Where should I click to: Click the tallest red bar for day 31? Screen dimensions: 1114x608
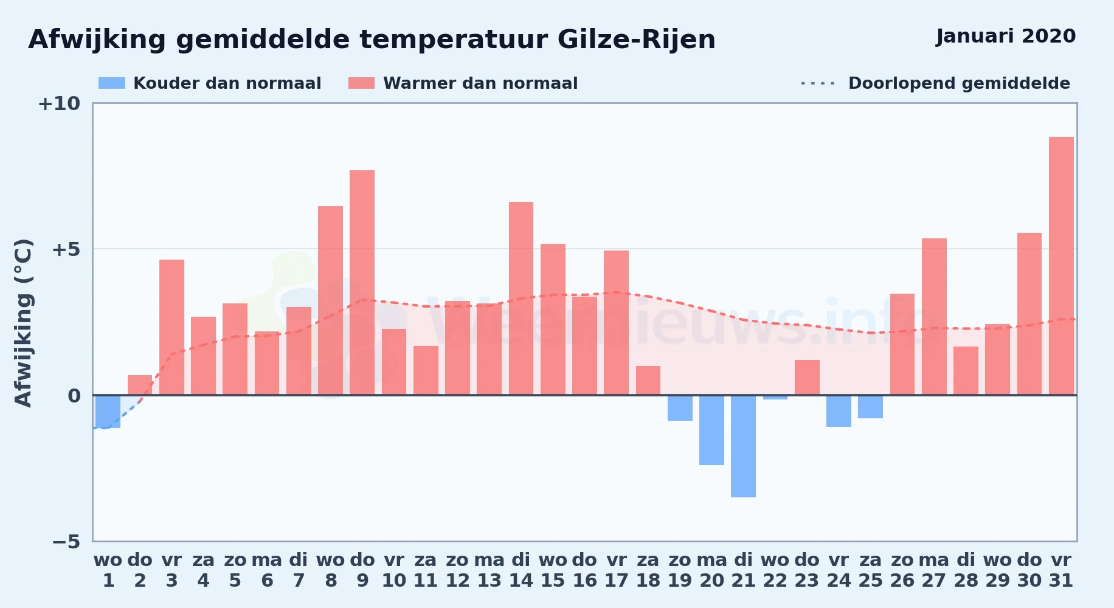(x=1061, y=266)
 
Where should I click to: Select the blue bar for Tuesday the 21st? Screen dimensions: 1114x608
(x=743, y=446)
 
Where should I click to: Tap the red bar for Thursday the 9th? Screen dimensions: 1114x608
(x=362, y=283)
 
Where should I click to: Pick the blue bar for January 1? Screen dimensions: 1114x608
(x=108, y=412)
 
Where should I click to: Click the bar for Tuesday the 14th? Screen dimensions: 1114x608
(x=521, y=299)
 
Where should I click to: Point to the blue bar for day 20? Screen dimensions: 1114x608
(x=711, y=430)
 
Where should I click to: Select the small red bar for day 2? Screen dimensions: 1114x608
(x=140, y=385)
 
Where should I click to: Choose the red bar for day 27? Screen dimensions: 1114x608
(x=934, y=317)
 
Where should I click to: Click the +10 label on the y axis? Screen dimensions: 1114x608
(x=59, y=103)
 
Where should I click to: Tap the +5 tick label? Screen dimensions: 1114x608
(x=66, y=249)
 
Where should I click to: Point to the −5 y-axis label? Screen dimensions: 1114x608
(x=66, y=542)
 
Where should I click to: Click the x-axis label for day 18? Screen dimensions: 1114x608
(x=648, y=570)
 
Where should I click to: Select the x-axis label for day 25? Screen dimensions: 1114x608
(x=870, y=570)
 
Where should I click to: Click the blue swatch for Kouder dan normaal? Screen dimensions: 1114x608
(x=112, y=83)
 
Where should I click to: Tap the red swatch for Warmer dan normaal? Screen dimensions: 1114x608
(x=362, y=83)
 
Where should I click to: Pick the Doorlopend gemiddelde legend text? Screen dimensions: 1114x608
(x=960, y=83)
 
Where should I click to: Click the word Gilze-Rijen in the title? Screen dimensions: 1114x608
(x=637, y=40)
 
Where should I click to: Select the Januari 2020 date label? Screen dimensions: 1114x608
(x=1006, y=36)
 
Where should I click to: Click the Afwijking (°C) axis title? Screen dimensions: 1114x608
(x=23, y=323)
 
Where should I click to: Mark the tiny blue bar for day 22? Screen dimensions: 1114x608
(x=775, y=397)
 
